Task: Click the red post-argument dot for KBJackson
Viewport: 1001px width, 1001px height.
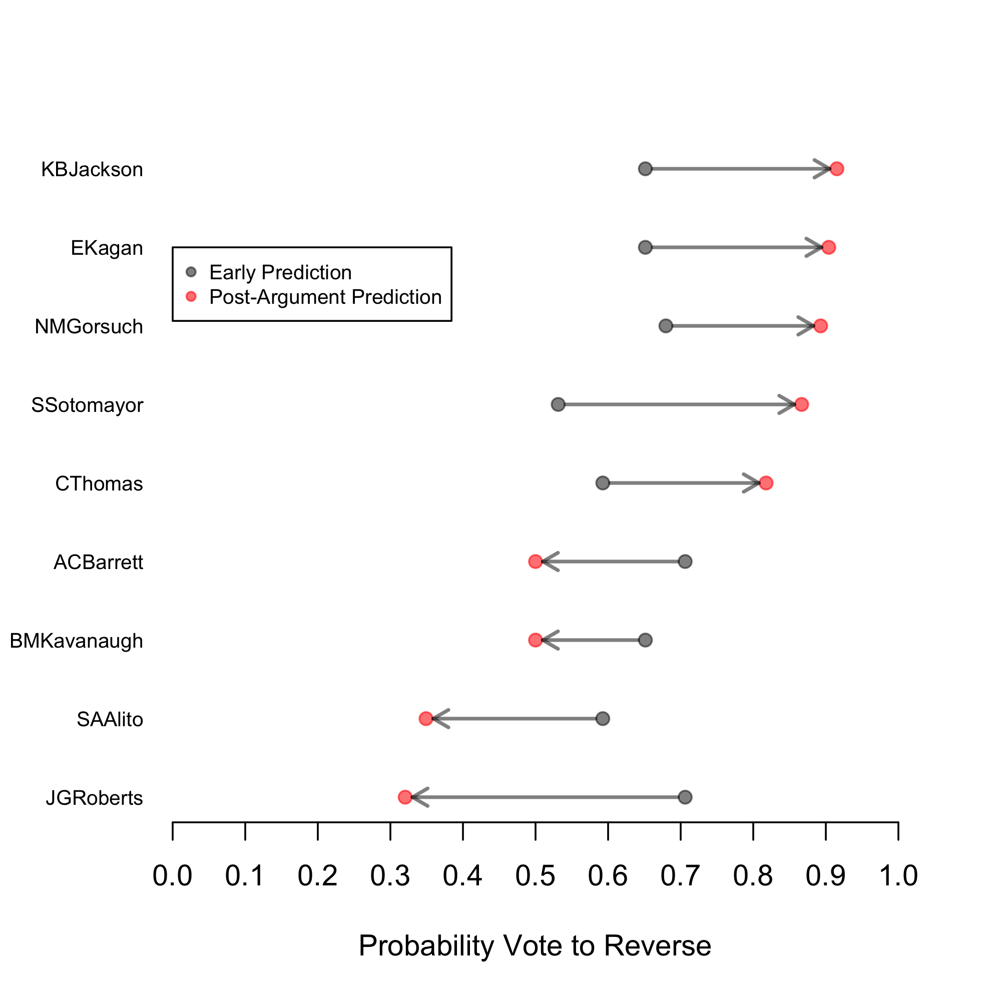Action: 836,169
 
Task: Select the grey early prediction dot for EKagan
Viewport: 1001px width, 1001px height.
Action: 645,247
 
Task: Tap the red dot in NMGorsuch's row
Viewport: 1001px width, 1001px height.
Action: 821,326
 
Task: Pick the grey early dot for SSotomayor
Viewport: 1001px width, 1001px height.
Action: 558,404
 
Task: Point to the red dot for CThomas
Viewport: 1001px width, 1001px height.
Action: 766,483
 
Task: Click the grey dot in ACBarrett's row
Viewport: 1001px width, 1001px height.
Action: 685,562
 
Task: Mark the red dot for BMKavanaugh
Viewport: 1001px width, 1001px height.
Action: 535,641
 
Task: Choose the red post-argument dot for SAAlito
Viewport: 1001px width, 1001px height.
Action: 426,719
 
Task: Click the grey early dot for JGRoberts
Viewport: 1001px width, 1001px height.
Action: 685,797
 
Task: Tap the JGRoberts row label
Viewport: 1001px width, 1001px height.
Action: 94,798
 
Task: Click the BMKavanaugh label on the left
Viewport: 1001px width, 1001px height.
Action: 76,641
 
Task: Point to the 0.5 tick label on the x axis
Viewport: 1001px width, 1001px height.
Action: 535,875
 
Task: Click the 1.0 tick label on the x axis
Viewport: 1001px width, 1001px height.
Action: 898,875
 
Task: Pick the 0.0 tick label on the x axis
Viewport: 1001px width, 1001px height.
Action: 173,875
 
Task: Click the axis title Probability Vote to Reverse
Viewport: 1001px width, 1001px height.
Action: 535,945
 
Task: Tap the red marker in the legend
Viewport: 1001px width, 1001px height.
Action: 191,296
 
